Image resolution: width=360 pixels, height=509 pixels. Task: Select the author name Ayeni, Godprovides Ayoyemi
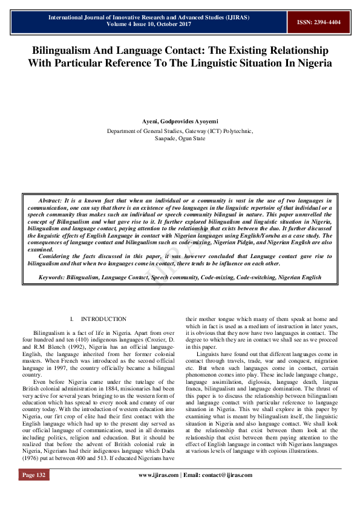click(180, 121)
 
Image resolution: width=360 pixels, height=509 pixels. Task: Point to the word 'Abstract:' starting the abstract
click(53, 199)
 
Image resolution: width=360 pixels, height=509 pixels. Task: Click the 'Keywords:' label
click(53, 277)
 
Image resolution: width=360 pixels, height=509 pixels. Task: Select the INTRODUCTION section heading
click(103, 319)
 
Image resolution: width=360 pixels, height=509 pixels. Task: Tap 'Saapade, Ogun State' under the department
click(180, 138)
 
